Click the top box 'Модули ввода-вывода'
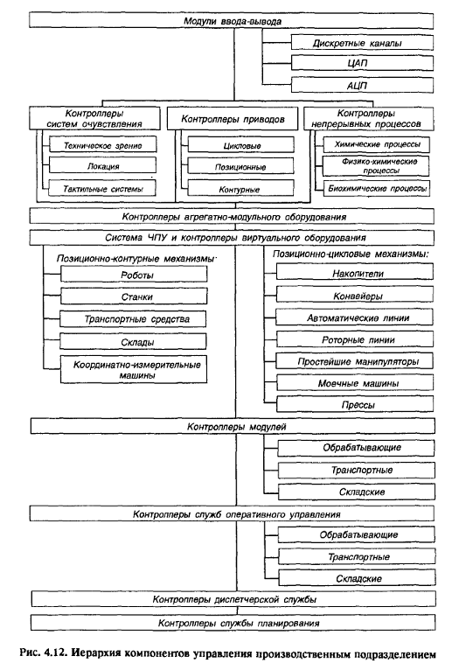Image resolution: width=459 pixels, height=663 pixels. point(231,21)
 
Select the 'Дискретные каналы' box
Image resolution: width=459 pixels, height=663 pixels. point(362,43)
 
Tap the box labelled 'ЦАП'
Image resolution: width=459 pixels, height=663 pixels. point(362,63)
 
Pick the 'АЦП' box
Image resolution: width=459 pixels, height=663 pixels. point(362,85)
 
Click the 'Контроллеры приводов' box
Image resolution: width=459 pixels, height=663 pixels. point(233,119)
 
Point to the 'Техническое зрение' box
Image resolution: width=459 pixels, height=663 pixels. point(102,144)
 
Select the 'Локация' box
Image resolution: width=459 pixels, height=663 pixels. point(102,165)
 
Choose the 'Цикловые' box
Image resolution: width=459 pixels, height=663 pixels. point(241,144)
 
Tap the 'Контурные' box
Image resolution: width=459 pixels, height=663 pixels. point(241,188)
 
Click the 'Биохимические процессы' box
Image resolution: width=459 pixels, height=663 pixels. point(377,188)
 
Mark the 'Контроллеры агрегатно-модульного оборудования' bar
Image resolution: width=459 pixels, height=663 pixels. point(232,217)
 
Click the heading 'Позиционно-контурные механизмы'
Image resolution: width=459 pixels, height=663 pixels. point(136,258)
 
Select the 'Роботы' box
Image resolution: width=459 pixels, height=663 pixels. point(134,275)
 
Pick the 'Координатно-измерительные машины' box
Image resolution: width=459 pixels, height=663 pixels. point(134,370)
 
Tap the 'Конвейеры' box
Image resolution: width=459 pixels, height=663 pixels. point(355,295)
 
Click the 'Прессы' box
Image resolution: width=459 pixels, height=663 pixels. point(355,404)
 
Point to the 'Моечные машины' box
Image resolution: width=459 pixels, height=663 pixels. point(355,382)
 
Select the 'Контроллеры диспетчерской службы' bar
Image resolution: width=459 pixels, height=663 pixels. point(233,599)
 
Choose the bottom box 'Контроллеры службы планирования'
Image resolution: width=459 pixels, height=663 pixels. point(233,623)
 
